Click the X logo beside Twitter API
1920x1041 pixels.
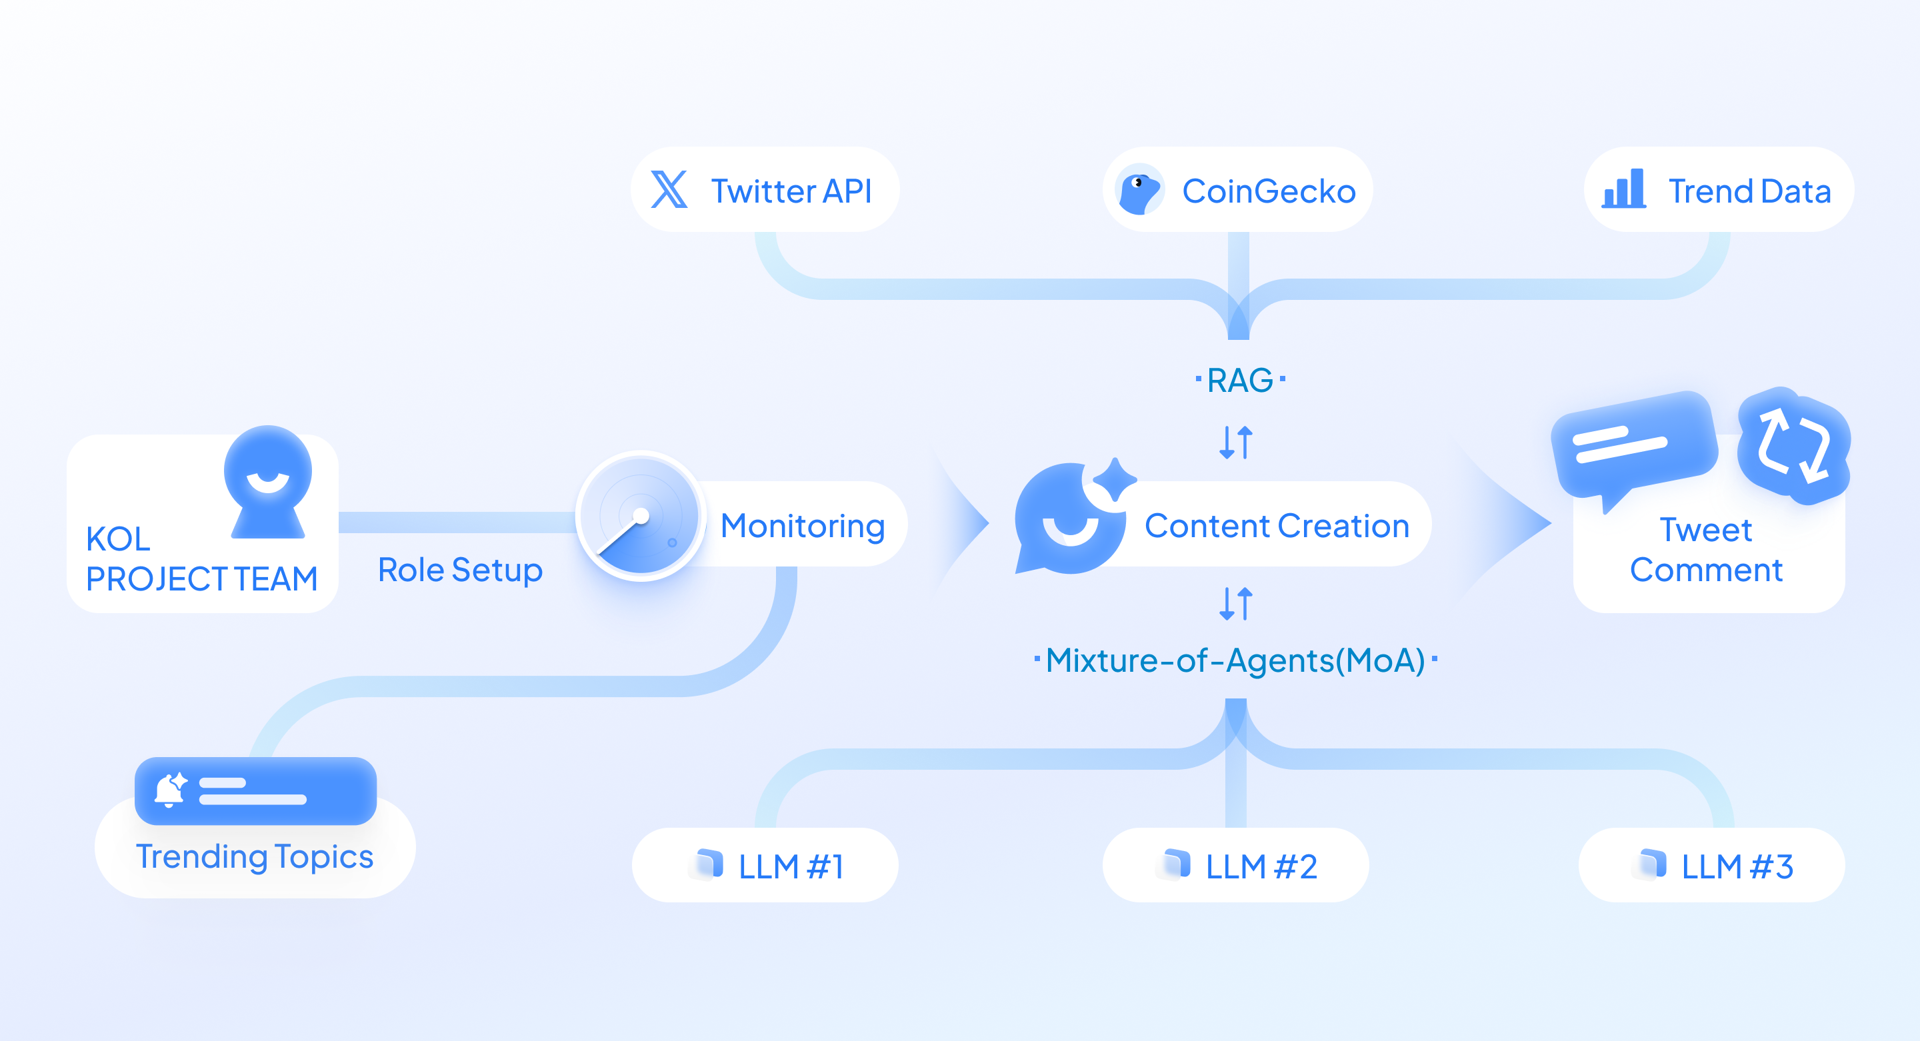pyautogui.click(x=669, y=190)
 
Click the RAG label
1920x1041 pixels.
pyautogui.click(x=1239, y=381)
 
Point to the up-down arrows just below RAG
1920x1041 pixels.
pyautogui.click(x=1236, y=442)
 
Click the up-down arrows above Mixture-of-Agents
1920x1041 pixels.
pyautogui.click(x=1236, y=604)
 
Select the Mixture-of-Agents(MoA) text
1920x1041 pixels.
pyautogui.click(x=1235, y=660)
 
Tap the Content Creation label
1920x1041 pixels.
pyautogui.click(x=1276, y=526)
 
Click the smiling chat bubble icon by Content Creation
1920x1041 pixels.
pyautogui.click(x=1072, y=519)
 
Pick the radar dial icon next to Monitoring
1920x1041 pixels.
pyautogui.click(x=640, y=517)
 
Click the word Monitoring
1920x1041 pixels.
pyautogui.click(x=802, y=526)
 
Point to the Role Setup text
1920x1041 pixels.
pyautogui.click(x=460, y=570)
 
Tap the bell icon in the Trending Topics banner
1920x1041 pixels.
pyautogui.click(x=171, y=790)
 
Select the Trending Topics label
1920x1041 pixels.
pyautogui.click(x=254, y=857)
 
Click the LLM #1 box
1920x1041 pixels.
pyautogui.click(x=765, y=866)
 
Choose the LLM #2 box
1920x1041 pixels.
pyautogui.click(x=1235, y=866)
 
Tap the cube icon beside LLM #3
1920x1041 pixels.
pyautogui.click(x=1653, y=864)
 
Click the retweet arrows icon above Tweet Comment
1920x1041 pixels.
pyautogui.click(x=1793, y=446)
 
